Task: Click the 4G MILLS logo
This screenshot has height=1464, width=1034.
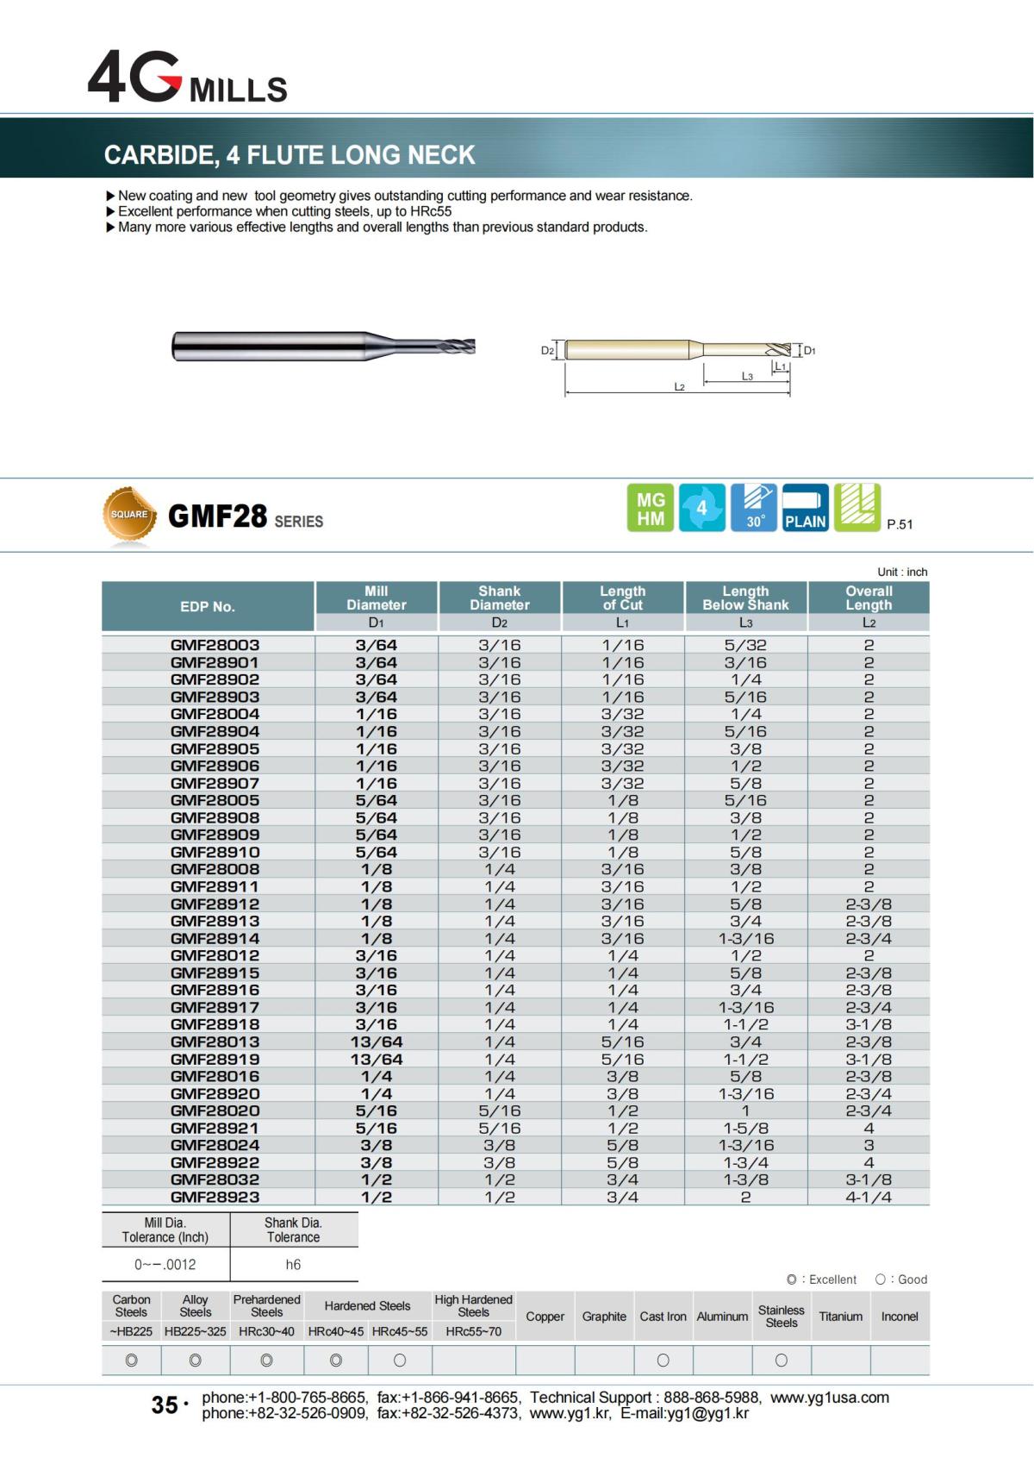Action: click(187, 78)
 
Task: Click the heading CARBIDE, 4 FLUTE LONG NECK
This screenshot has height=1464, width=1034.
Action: click(290, 155)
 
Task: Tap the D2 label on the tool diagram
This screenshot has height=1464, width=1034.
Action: click(547, 351)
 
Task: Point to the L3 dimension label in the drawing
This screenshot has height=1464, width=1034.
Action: click(747, 376)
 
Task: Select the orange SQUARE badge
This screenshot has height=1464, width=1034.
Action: click(129, 515)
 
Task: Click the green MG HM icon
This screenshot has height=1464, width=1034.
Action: click(651, 508)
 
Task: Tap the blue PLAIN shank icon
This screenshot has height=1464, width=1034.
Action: click(805, 508)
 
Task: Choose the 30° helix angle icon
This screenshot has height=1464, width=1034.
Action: click(754, 508)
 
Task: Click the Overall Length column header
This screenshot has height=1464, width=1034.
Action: click(869, 597)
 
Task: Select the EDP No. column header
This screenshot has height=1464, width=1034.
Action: click(208, 606)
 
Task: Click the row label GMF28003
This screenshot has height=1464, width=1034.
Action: click(215, 645)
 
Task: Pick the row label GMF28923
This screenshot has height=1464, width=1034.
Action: click(215, 1197)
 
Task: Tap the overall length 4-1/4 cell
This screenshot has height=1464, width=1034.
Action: click(869, 1197)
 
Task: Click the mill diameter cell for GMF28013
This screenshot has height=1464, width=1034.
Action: click(377, 1042)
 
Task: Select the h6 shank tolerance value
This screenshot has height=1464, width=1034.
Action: click(293, 1265)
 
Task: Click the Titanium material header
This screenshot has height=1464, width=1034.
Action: click(841, 1317)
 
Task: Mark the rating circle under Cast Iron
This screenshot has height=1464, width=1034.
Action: click(663, 1361)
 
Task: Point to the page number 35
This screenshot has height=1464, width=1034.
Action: click(165, 1405)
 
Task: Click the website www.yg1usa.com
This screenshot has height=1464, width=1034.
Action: click(830, 1398)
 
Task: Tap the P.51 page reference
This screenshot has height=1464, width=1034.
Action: click(900, 524)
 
